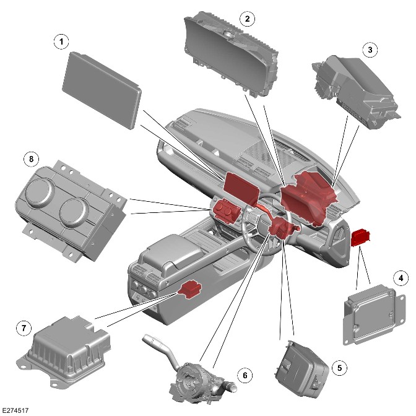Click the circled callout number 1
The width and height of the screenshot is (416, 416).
[x=61, y=42]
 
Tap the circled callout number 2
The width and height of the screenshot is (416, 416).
[x=247, y=19]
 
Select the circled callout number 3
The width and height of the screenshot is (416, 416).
[x=370, y=50]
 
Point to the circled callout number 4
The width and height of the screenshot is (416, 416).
[x=401, y=278]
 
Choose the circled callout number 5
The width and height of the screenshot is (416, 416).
[x=340, y=368]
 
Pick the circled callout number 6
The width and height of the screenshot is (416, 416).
[x=245, y=375]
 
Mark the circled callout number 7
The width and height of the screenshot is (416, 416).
[x=24, y=328]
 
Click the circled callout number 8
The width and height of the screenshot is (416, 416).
[x=32, y=159]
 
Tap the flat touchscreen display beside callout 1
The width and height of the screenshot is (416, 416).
[x=102, y=90]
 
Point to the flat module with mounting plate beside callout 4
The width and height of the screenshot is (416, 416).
[x=375, y=314]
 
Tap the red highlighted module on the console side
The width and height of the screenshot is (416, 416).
[x=189, y=289]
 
